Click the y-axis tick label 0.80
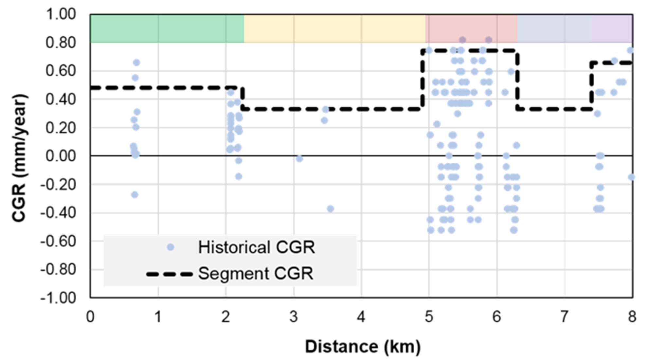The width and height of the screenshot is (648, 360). (61, 43)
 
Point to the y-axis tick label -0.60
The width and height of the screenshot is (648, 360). (58, 242)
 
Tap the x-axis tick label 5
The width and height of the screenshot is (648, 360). (429, 317)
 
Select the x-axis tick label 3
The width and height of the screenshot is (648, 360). (293, 317)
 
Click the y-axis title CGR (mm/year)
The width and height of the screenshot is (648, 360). (19, 158)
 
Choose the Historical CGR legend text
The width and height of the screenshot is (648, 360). (256, 247)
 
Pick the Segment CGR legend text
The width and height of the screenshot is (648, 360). (256, 274)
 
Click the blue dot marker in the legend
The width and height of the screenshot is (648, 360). (170, 247)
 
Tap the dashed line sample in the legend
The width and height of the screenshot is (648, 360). (170, 274)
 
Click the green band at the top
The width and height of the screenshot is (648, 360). (167, 28)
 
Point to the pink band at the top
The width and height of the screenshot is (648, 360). (471, 28)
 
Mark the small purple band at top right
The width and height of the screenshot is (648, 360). (612, 28)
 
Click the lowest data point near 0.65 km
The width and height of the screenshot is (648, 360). (135, 195)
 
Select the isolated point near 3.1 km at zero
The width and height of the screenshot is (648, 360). (299, 159)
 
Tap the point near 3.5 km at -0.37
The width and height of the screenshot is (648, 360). (330, 208)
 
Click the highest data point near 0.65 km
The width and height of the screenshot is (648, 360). (136, 63)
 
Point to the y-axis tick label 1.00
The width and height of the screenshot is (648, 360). (61, 14)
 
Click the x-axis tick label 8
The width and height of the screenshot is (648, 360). (632, 317)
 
